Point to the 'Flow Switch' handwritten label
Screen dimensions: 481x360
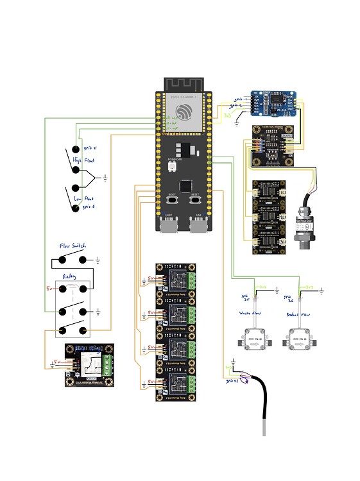point(73,246)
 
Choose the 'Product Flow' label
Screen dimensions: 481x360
point(300,315)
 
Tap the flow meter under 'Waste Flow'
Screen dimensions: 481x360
point(250,339)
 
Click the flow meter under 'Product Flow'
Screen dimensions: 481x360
point(301,339)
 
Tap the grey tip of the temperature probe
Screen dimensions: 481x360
point(264,428)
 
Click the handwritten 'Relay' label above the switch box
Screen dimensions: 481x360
point(70,276)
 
